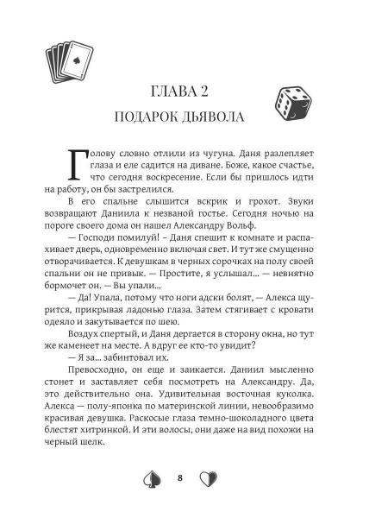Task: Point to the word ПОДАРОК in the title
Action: coord(154,116)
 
